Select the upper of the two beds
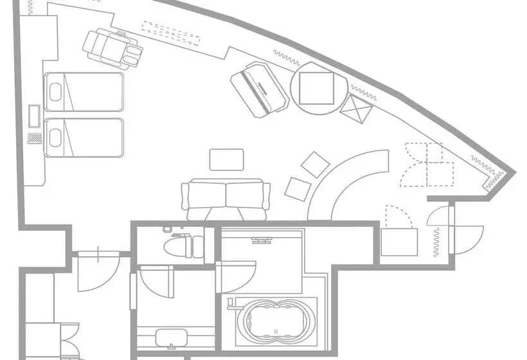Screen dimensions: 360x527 (x=84, y=92)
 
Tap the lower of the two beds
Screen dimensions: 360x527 (x=84, y=137)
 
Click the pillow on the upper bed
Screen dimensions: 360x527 (x=55, y=92)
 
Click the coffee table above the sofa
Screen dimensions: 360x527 (x=227, y=159)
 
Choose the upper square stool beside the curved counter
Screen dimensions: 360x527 (x=316, y=164)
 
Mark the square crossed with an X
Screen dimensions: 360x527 (x=357, y=110)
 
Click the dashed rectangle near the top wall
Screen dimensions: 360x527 (x=170, y=33)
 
